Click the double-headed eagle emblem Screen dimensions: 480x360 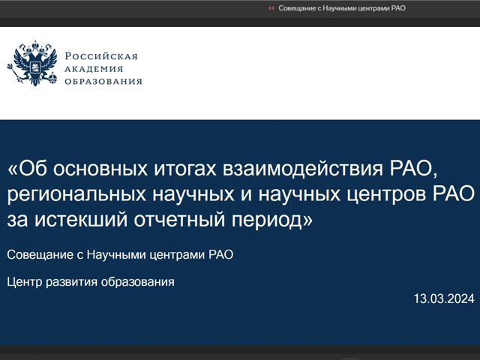33,63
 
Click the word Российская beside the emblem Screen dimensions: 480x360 101,56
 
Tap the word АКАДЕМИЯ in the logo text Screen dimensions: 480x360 94,69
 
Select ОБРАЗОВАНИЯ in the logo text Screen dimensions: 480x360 103,82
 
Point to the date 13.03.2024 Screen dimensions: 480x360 444,298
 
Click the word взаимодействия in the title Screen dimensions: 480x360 303,169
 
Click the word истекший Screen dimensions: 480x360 81,220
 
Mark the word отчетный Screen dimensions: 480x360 179,220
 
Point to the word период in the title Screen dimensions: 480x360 267,220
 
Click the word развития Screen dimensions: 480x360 72,282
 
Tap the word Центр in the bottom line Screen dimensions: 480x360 25,282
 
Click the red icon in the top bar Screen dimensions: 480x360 271,8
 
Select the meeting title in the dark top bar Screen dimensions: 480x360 342,8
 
